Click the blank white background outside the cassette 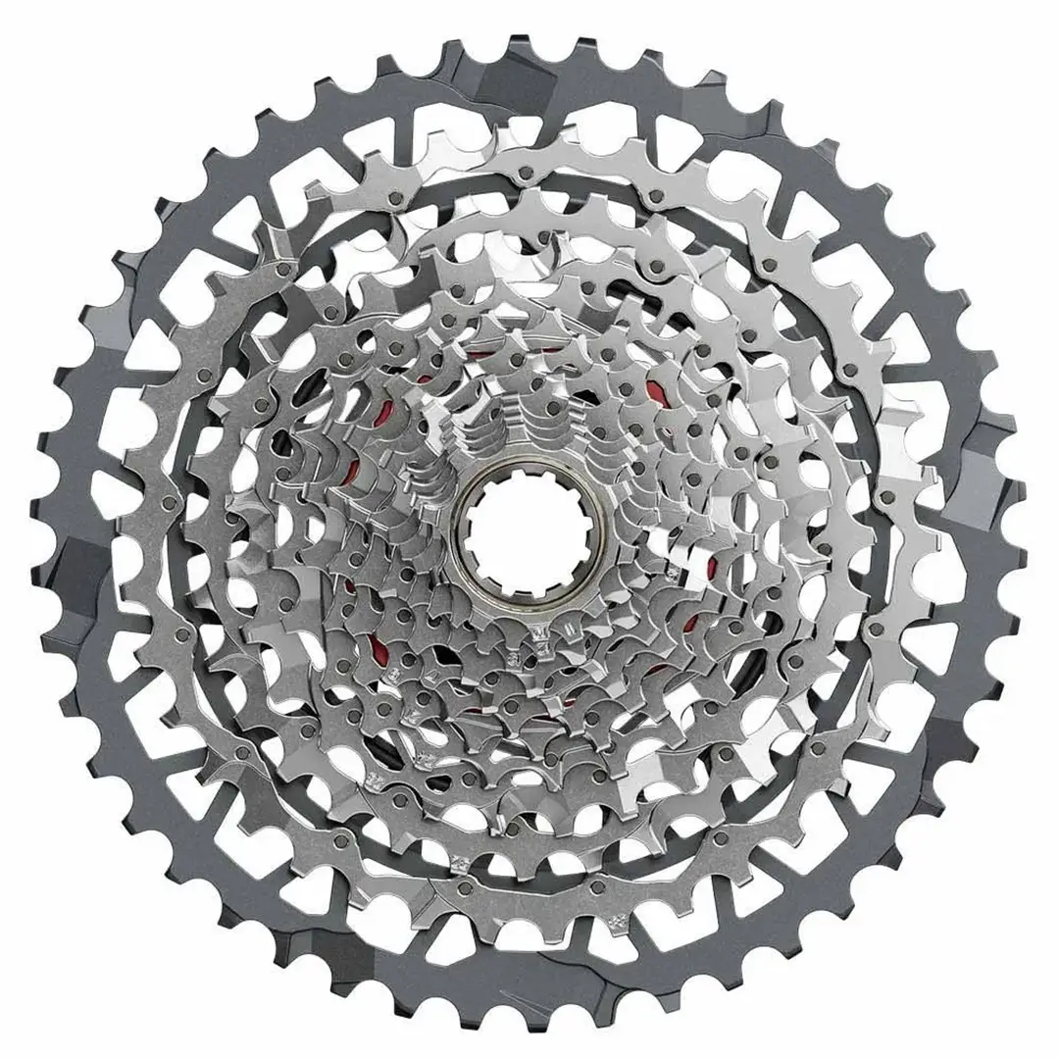(x=39, y=39)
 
